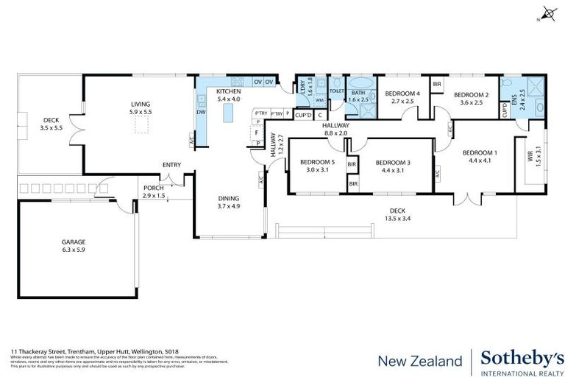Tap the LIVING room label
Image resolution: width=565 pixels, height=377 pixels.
[x=140, y=105]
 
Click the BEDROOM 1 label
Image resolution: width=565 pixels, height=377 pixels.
[x=477, y=152]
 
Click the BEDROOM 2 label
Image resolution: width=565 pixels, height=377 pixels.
[x=471, y=94]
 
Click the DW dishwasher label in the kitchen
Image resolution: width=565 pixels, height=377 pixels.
[x=201, y=112]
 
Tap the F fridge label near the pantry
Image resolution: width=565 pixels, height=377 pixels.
[x=257, y=133]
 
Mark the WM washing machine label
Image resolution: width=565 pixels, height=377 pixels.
[x=319, y=101]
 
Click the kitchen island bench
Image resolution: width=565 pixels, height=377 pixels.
[x=228, y=112]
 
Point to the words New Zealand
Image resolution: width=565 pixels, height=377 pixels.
[x=419, y=361]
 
